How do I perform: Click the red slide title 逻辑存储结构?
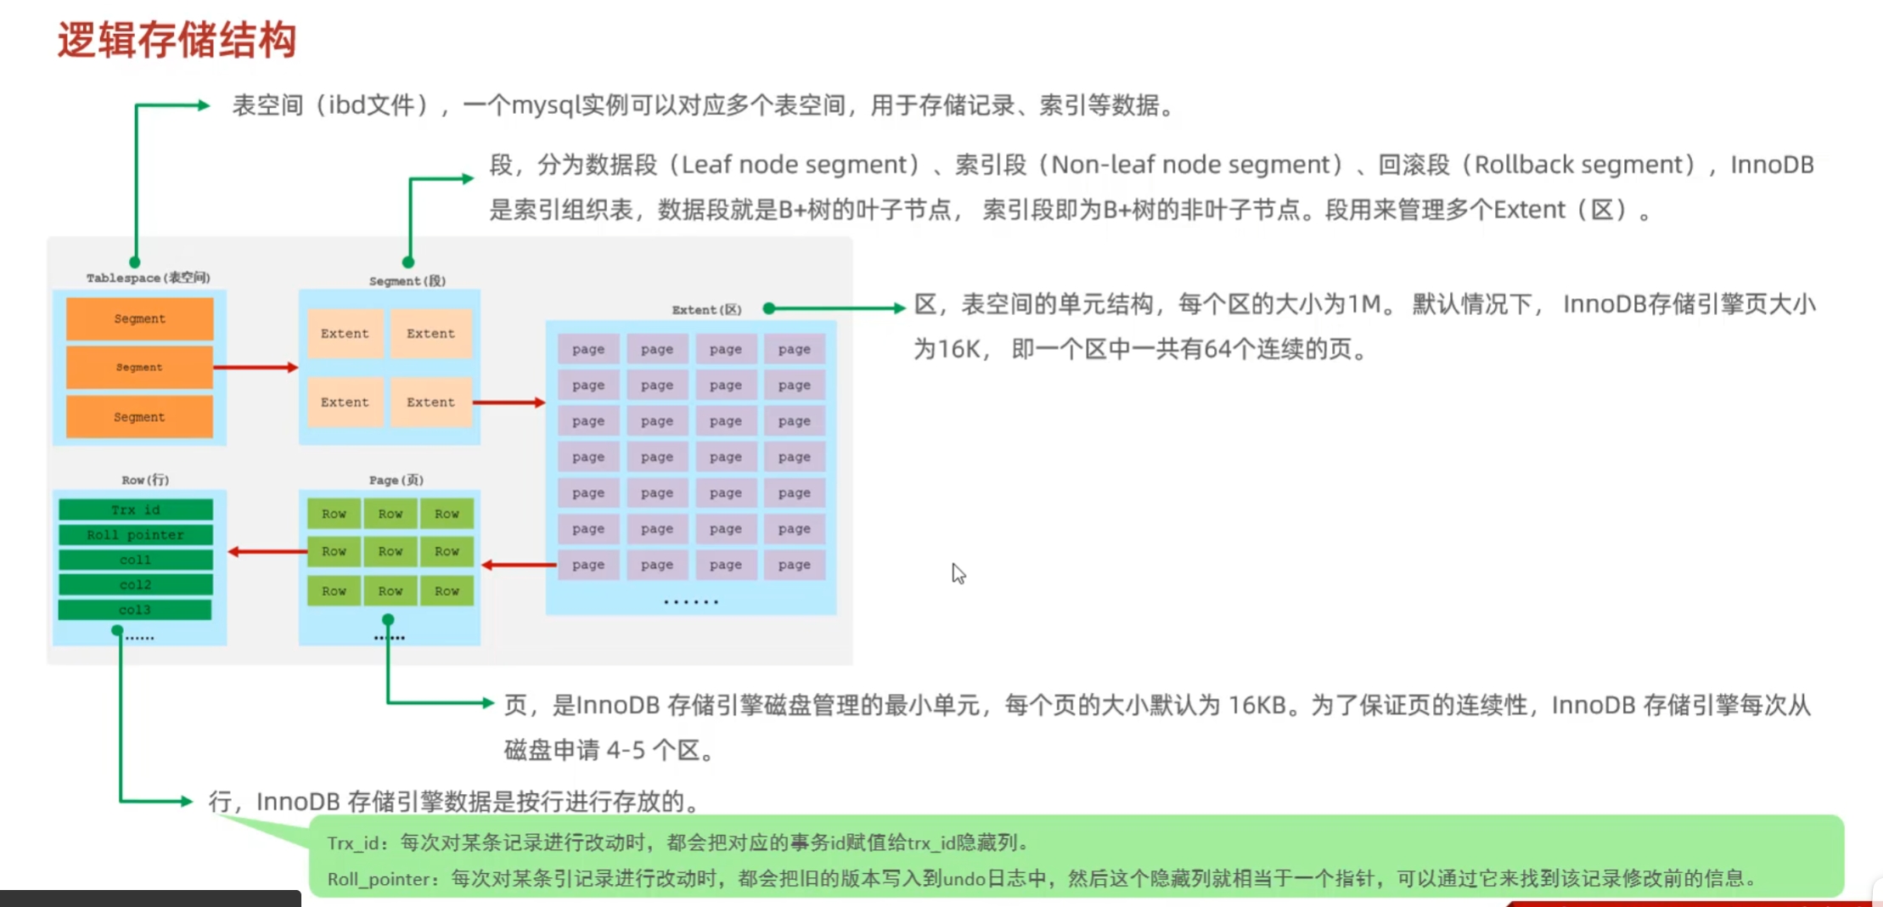[177, 40]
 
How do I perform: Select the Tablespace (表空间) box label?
[148, 278]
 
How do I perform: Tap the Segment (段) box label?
[407, 281]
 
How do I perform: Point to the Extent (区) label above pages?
[706, 310]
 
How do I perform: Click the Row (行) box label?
[145, 480]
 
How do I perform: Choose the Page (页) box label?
[396, 480]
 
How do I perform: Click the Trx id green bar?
[136, 510]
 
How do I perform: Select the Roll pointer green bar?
[136, 535]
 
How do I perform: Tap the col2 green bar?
[136, 584]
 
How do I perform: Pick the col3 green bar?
[136, 610]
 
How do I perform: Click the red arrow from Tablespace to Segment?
[256, 367]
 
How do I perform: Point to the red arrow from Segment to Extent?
[509, 402]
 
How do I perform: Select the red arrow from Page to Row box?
[267, 552]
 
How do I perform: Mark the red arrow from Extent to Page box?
[519, 565]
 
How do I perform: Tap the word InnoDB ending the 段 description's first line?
[1772, 165]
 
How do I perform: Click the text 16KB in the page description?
[1256, 706]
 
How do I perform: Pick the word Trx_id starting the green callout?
[352, 843]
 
